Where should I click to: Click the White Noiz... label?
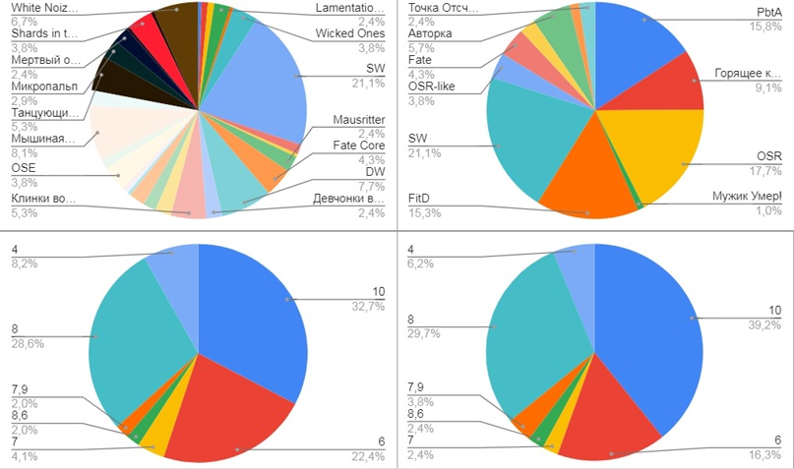coord(45,8)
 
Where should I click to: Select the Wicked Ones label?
coord(350,33)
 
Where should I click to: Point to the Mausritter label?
coord(359,120)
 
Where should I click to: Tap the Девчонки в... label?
coord(348,198)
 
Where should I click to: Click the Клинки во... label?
coord(43,198)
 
